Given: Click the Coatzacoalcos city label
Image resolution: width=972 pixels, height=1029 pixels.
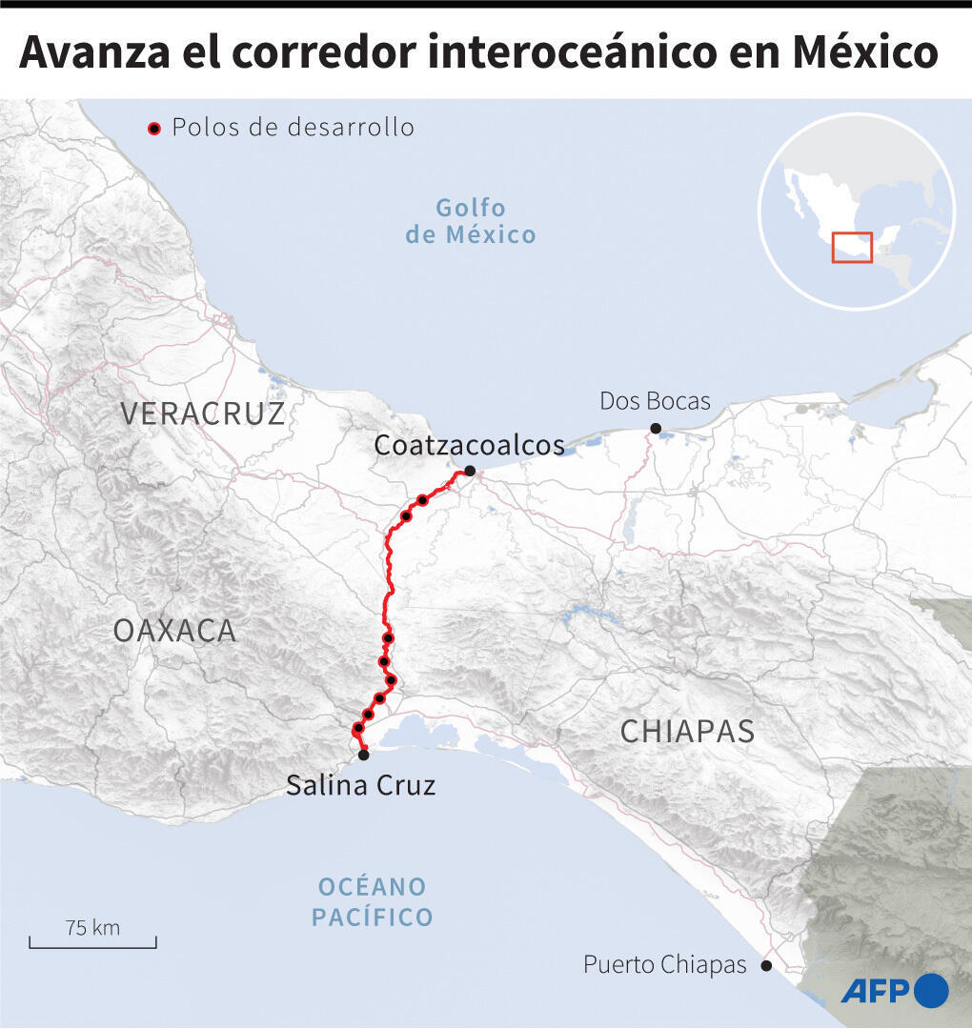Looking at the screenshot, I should [x=469, y=445].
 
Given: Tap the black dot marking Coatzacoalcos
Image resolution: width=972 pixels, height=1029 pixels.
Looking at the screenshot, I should [x=470, y=471].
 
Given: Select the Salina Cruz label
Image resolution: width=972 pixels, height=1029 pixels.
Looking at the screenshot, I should [x=361, y=785].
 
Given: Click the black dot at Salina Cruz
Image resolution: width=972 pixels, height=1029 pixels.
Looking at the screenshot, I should [x=363, y=755].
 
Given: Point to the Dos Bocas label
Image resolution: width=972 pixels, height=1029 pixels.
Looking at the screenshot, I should [x=655, y=401].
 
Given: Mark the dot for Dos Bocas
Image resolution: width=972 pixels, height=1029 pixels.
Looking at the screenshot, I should [x=655, y=429].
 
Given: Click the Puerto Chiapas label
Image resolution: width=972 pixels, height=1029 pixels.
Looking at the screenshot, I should [x=664, y=965].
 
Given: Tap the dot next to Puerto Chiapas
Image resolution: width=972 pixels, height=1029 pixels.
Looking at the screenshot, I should [x=766, y=965].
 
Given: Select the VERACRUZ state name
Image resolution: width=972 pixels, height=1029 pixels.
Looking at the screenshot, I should [x=202, y=414].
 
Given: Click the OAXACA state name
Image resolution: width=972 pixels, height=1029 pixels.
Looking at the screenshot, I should [x=174, y=630].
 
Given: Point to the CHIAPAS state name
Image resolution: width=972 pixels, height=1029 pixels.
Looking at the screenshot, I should [x=687, y=732].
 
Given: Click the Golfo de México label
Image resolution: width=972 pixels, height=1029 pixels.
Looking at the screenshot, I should [x=471, y=221].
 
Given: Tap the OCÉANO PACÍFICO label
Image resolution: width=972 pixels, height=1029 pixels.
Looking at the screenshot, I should [x=373, y=902].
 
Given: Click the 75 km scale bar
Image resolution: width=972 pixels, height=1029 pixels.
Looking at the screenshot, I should [x=92, y=942].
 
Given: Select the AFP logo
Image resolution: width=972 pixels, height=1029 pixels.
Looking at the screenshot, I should [x=894, y=991].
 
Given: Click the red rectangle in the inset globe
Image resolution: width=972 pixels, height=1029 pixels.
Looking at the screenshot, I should [x=852, y=247].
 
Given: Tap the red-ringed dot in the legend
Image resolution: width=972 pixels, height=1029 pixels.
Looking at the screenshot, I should [x=153, y=128].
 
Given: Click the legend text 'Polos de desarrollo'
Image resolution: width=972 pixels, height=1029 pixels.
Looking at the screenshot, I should [x=294, y=128].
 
